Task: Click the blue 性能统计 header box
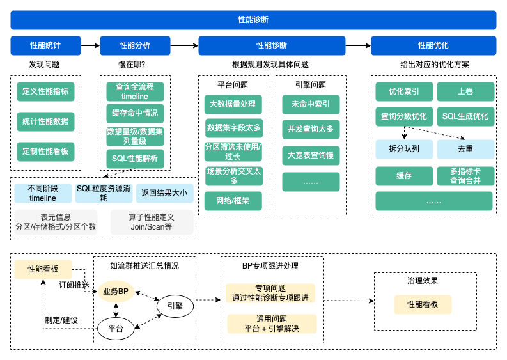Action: pos(45,45)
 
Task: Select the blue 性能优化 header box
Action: pos(433,45)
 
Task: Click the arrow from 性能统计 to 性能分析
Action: pos(90,45)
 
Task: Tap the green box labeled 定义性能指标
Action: pos(45,91)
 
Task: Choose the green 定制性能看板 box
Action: pos(45,152)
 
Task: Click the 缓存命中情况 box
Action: pos(135,114)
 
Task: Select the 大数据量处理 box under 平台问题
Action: pos(233,104)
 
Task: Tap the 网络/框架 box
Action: pos(233,201)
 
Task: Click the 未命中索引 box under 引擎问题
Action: pos(311,104)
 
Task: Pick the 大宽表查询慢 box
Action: pos(311,155)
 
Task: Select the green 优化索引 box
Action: pos(404,91)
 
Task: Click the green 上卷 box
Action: pos(465,91)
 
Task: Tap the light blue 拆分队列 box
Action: pos(404,149)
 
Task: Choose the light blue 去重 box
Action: pos(465,149)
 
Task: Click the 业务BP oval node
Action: pos(116,291)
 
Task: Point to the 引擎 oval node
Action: pos(175,306)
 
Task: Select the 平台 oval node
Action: pos(116,329)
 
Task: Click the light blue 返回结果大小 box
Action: pos(164,192)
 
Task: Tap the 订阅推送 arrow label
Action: pos(74,285)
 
